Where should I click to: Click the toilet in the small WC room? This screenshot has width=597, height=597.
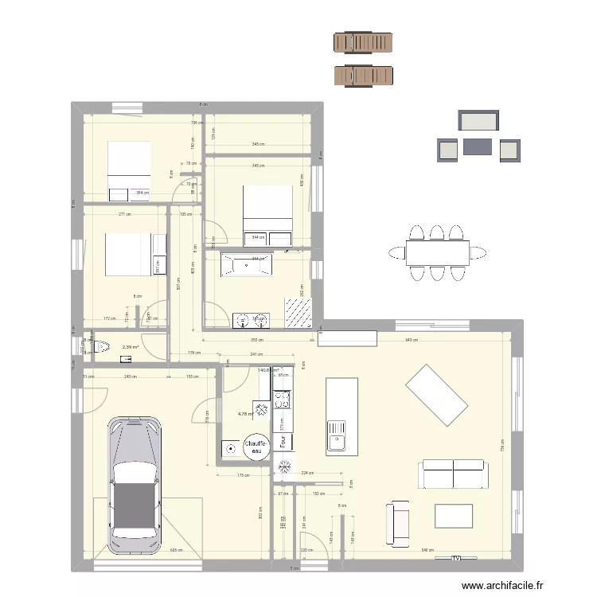pyautogui.click(x=100, y=347)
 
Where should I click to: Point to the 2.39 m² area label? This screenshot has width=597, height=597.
pyautogui.click(x=131, y=347)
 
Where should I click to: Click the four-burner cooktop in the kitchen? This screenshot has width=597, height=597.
pyautogui.click(x=282, y=400)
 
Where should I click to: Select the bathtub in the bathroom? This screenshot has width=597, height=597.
pyautogui.click(x=247, y=264)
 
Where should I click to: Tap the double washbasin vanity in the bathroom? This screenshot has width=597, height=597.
pyautogui.click(x=252, y=320)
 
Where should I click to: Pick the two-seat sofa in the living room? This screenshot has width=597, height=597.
pyautogui.click(x=452, y=474)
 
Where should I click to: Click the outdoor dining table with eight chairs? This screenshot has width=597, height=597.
pyautogui.click(x=436, y=253)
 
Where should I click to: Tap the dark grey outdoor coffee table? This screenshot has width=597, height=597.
pyautogui.click(x=478, y=147)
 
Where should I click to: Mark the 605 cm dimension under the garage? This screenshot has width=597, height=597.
pyautogui.click(x=174, y=550)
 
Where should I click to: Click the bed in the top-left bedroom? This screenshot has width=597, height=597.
pyautogui.click(x=129, y=170)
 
